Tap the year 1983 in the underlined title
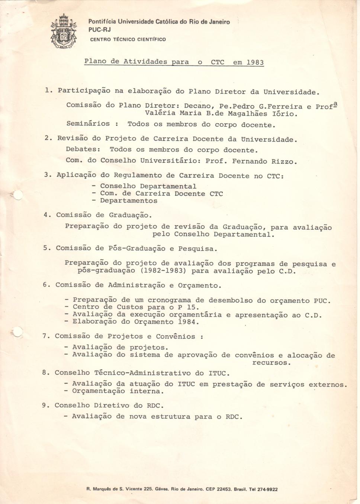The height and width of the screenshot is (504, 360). [x=255, y=62]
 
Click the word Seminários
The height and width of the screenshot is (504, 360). [x=88, y=123]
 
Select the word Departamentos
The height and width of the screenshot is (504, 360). [x=128, y=201]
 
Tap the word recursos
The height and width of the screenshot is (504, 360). [x=271, y=362]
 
